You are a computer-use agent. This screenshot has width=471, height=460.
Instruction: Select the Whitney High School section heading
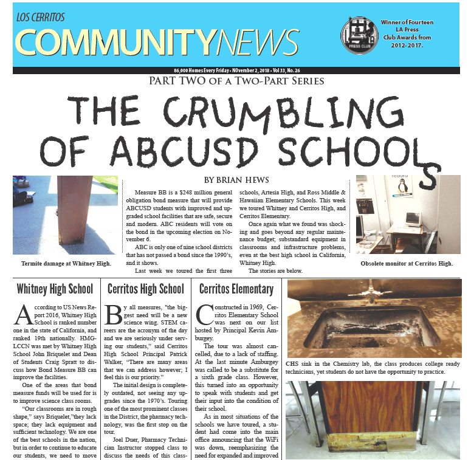[x=55, y=289]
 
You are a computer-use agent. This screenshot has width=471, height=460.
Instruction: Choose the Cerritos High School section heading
[x=145, y=289]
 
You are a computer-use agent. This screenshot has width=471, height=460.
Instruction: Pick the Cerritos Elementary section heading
[x=236, y=289]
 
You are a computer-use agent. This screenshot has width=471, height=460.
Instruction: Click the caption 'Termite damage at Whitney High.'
[x=66, y=264]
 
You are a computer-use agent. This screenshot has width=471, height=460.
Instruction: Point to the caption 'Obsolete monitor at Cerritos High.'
[x=407, y=264]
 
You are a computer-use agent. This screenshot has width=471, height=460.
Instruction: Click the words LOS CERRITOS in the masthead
[x=40, y=17]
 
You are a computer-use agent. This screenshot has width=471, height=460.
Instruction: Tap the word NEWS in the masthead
[x=257, y=44]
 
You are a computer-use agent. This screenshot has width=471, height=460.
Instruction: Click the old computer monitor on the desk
[x=413, y=218]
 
